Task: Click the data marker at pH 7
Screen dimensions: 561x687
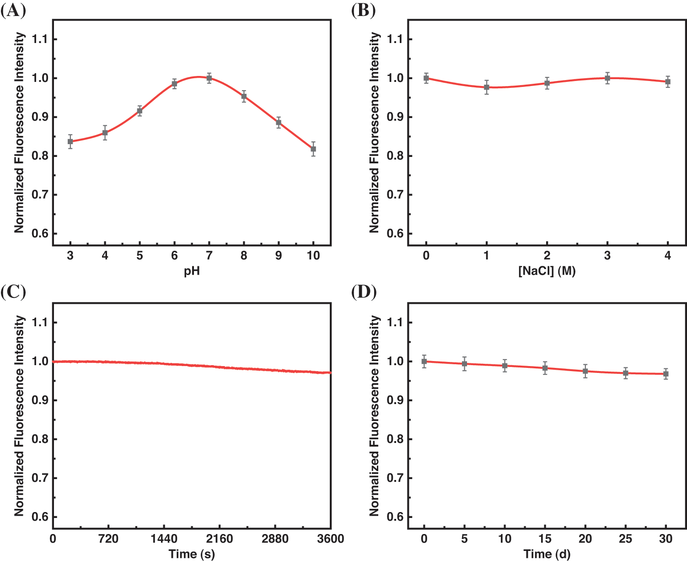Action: (209, 78)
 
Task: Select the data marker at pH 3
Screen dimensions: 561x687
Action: (70, 141)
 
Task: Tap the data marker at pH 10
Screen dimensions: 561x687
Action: (313, 149)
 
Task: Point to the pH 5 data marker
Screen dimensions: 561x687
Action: (140, 111)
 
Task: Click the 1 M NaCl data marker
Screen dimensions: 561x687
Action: (487, 87)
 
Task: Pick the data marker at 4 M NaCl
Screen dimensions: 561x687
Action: (668, 82)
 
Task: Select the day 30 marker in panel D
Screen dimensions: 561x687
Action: (666, 374)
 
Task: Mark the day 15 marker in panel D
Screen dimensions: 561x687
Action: (545, 368)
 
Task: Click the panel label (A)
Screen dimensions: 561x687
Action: (13, 10)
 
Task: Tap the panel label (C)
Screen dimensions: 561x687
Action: (13, 292)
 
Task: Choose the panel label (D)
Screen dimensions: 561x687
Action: (364, 292)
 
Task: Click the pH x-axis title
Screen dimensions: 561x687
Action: (192, 271)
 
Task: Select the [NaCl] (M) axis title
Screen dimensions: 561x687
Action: (547, 271)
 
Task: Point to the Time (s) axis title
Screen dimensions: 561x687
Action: (192, 554)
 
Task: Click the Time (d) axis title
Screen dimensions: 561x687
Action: (547, 554)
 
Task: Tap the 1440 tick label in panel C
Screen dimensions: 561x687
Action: (164, 539)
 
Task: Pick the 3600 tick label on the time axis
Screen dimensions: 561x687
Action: (330, 539)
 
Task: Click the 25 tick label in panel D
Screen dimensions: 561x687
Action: (626, 539)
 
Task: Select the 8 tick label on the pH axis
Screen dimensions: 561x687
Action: (244, 256)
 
